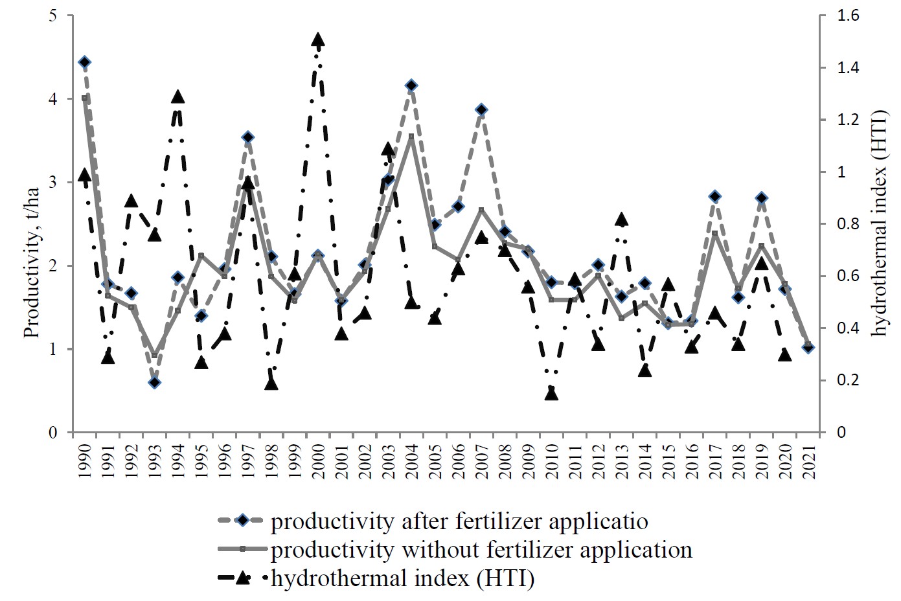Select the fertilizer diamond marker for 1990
[84, 62]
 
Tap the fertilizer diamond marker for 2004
[411, 85]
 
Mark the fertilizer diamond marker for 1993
[154, 383]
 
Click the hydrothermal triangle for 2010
[551, 393]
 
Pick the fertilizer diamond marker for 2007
[481, 109]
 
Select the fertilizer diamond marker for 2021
[808, 348]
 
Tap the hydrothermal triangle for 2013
[621, 220]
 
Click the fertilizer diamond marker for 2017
[714, 196]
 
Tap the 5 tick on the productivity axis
[53, 16]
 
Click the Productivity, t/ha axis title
[32, 263]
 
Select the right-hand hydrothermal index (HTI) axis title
[878, 223]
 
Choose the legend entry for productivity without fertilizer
[481, 550]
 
